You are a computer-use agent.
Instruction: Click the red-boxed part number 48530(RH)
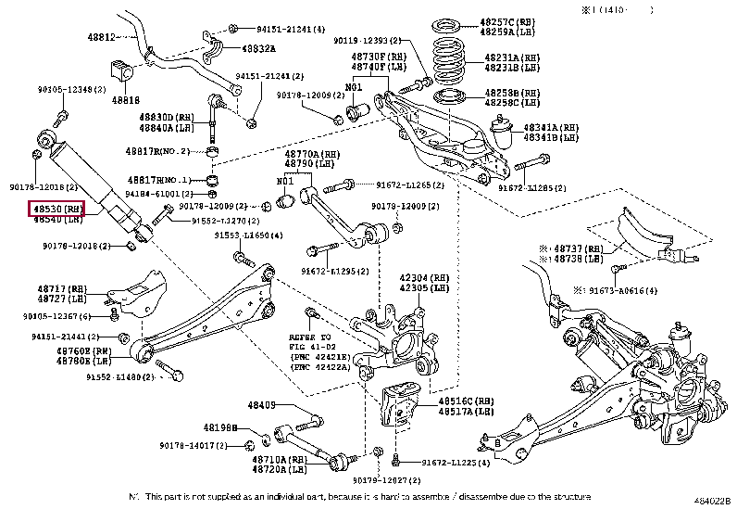(58, 210)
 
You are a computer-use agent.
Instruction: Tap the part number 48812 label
(102, 37)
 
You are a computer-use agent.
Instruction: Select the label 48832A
(256, 48)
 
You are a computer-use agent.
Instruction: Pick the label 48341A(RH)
(551, 127)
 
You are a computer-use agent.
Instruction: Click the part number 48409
(262, 405)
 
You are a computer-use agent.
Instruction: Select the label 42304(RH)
(424, 277)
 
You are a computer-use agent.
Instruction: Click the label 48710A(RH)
(280, 460)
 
